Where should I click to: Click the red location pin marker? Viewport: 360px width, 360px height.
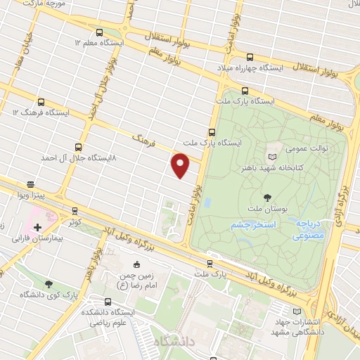(x=181, y=165)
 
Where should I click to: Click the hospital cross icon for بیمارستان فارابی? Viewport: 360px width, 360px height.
(x=37, y=227)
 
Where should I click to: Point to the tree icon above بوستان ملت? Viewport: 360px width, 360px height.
(x=266, y=198)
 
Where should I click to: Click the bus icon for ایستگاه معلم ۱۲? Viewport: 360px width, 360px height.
(x=98, y=33)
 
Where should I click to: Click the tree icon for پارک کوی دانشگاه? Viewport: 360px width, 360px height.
(x=48, y=284)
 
